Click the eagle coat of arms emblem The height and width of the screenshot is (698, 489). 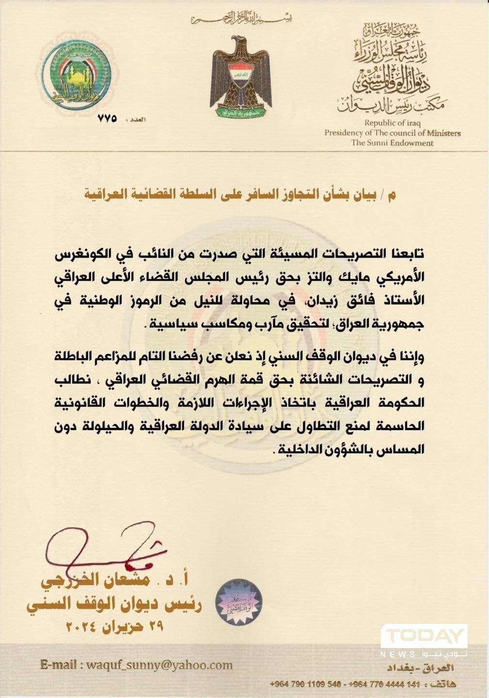pos(240,77)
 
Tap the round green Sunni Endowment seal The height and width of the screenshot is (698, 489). pos(77,77)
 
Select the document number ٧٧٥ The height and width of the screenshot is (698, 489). pos(107,118)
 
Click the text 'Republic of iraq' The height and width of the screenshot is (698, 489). pos(392,123)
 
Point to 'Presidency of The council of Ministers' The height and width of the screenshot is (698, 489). pos(392,133)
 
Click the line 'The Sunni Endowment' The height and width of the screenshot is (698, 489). pos(392,143)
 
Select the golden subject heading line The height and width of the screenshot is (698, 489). pos(240,195)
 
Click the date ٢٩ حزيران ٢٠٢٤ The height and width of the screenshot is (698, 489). pos(114,626)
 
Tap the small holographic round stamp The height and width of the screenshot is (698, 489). pos(239,603)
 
